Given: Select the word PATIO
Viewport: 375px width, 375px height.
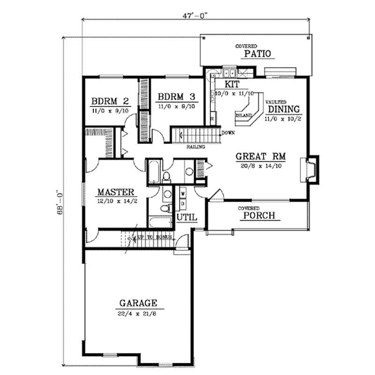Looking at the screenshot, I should click(x=257, y=54).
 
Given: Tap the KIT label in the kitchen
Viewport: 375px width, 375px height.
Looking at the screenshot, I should click(x=232, y=84).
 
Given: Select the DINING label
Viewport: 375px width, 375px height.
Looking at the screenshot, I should click(x=284, y=109).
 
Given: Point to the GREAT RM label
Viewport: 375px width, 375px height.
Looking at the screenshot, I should click(x=261, y=156).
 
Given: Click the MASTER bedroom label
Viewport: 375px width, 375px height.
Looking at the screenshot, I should click(x=116, y=192).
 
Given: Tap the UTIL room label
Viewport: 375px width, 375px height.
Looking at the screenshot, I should click(x=187, y=217).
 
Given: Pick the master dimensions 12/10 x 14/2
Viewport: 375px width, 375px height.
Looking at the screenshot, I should click(x=116, y=201).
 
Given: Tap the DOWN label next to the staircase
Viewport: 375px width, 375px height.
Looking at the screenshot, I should click(x=228, y=133).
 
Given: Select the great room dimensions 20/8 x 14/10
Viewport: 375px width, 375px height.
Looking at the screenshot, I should click(x=261, y=165).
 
